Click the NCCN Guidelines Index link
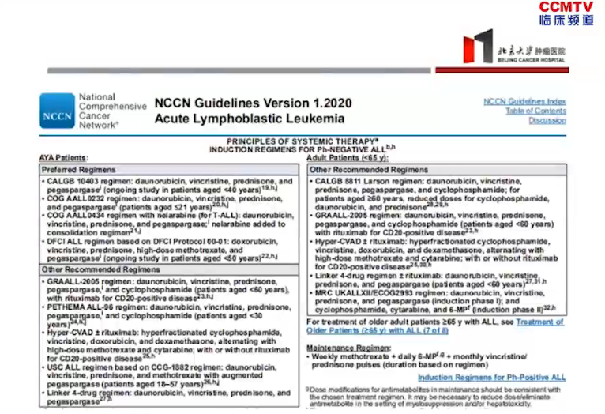click(x=524, y=102)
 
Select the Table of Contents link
click(x=535, y=111)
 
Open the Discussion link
click(x=547, y=121)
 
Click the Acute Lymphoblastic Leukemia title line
click(x=250, y=119)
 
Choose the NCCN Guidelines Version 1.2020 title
click(x=253, y=103)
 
